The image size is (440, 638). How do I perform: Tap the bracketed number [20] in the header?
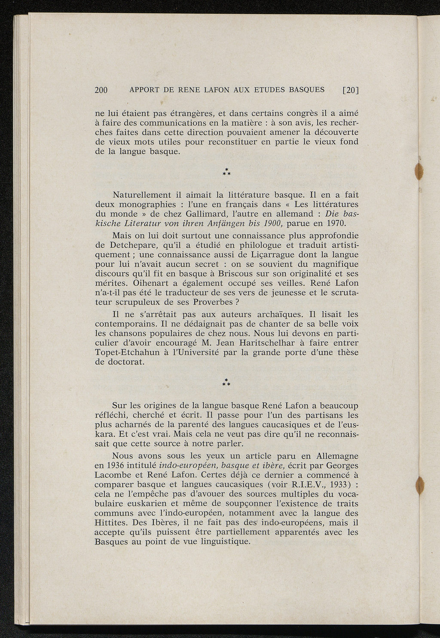[x=350, y=90]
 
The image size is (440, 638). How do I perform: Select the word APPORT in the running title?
[x=144, y=90]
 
